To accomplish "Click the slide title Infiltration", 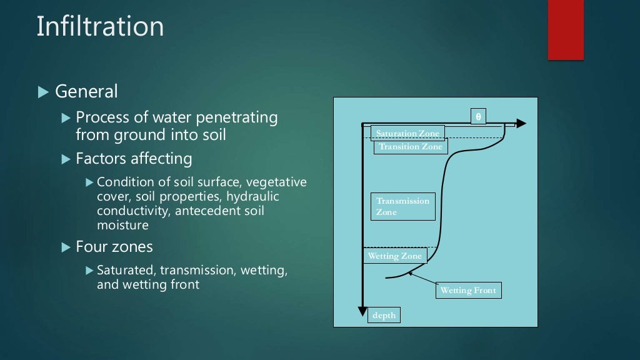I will pyautogui.click(x=100, y=27).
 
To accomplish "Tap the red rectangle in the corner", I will pyautogui.click(x=566, y=29).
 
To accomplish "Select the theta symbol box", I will pyautogui.click(x=478, y=116).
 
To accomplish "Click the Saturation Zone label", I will pyautogui.click(x=407, y=132).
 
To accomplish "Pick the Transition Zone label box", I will pyautogui.click(x=410, y=147).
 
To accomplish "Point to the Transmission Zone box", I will pyautogui.click(x=402, y=206).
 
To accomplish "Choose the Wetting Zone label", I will pyautogui.click(x=394, y=256).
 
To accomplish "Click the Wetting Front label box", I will pyautogui.click(x=469, y=291).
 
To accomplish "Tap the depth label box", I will pyautogui.click(x=384, y=315).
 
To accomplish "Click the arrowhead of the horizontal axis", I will pyautogui.click(x=521, y=124).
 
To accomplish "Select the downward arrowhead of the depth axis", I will pyautogui.click(x=361, y=311).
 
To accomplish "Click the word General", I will pyautogui.click(x=86, y=92).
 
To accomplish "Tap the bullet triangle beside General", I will pyautogui.click(x=42, y=92).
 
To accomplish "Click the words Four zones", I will pyautogui.click(x=114, y=247).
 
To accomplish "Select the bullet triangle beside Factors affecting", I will pyautogui.click(x=67, y=159).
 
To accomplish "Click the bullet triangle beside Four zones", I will pyautogui.click(x=67, y=247).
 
